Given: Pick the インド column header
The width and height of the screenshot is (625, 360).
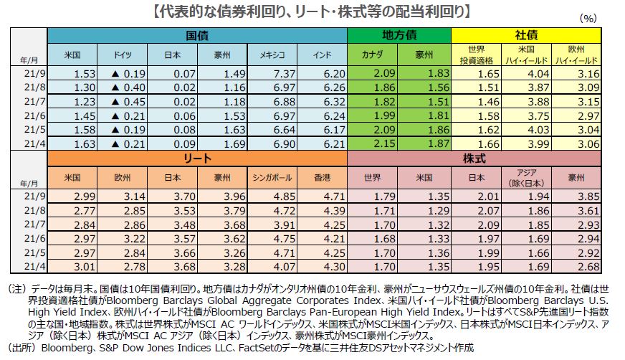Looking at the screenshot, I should click(x=322, y=55).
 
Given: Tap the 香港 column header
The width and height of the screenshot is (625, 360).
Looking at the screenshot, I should click(x=322, y=177).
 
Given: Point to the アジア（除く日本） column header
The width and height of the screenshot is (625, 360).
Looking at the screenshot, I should click(x=527, y=177).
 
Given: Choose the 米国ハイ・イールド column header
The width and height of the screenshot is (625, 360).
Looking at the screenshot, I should click(x=527, y=55).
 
